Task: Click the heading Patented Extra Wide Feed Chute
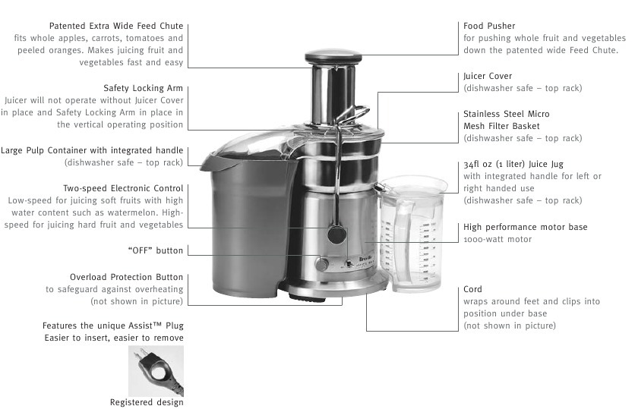(x=116, y=26)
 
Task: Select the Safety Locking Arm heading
(x=144, y=88)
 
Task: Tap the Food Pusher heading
(x=489, y=26)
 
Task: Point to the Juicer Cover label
(x=488, y=76)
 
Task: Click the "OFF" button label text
(x=156, y=250)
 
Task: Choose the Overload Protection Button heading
(x=126, y=277)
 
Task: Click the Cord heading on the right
(x=472, y=289)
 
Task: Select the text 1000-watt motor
(x=498, y=240)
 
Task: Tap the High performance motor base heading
(x=526, y=228)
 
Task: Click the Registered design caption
(x=147, y=402)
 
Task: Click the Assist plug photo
(x=156, y=371)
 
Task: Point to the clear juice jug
(x=411, y=234)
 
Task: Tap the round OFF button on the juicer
(x=322, y=264)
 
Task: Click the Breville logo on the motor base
(x=367, y=259)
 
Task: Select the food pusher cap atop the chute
(x=333, y=57)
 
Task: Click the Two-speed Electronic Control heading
(x=123, y=188)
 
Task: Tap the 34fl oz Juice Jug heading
(x=513, y=164)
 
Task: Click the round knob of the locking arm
(x=336, y=234)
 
